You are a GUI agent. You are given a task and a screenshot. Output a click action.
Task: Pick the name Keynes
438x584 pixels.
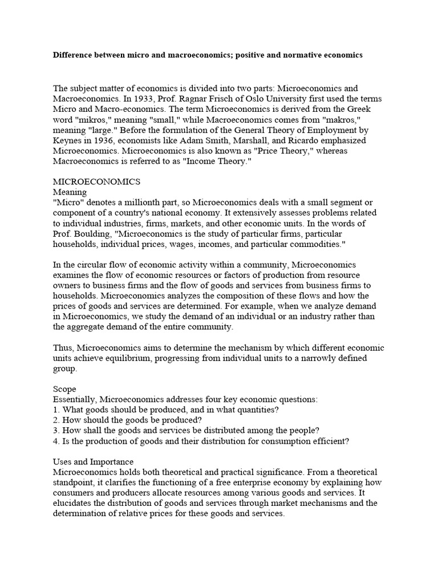tap(68, 140)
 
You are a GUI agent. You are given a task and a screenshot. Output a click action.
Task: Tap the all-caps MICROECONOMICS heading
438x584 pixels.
tap(96, 181)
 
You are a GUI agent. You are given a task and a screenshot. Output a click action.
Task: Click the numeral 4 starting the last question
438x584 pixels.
tap(55, 440)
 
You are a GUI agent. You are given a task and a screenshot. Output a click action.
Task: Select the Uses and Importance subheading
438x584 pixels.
tap(94, 461)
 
